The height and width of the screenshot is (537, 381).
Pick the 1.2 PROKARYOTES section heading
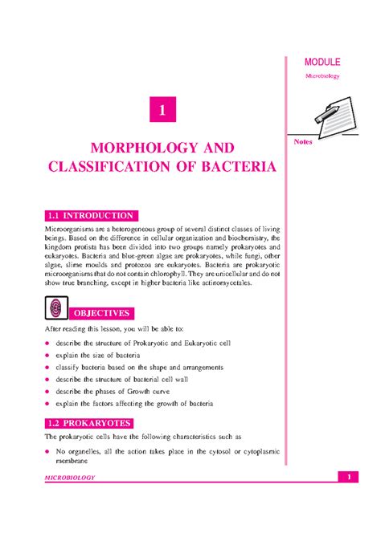point(89,422)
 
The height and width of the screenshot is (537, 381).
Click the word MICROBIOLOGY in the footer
point(70,478)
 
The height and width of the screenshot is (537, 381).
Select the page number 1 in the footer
point(350,478)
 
